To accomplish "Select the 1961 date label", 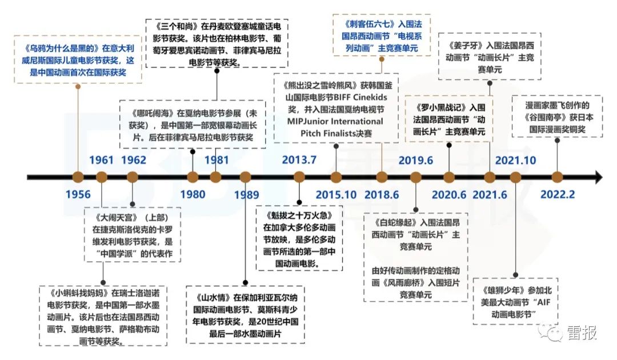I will pos(102,159).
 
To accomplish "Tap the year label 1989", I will pos(246,194).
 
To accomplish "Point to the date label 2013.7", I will pos(299,159).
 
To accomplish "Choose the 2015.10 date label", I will pos(336,194).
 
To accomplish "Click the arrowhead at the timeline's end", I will pos(597,177).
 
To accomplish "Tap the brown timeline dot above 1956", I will pos(78,177).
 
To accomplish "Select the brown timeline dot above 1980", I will pos(193,177).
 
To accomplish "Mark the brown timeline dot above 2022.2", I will pos(557,177).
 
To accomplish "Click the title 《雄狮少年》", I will pos(503,289).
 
